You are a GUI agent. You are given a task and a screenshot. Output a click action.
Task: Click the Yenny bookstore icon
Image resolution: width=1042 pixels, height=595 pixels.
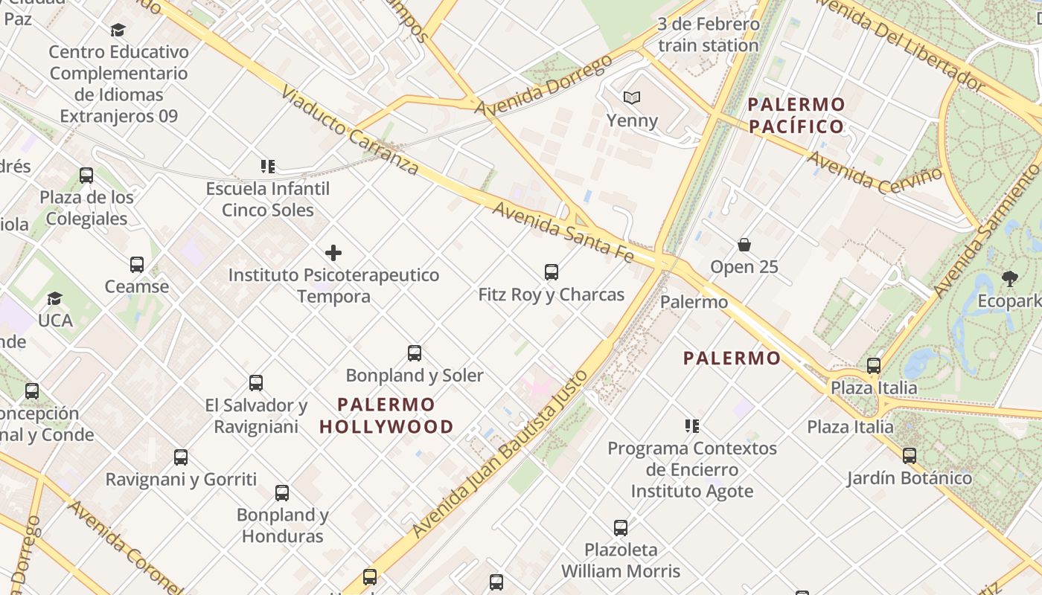tap(632, 97)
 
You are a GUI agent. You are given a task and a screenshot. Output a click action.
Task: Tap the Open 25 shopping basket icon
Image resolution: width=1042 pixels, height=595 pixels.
tap(744, 245)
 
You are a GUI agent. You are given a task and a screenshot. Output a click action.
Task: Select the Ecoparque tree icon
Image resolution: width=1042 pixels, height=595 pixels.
tap(1010, 279)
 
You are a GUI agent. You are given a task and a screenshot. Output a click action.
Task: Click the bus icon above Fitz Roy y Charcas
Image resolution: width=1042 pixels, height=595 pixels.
tap(552, 272)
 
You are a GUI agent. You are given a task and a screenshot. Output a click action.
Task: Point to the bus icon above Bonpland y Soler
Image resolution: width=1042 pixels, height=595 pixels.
tap(415, 353)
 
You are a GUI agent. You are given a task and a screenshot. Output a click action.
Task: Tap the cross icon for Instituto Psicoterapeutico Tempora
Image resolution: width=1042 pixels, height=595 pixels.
tap(333, 253)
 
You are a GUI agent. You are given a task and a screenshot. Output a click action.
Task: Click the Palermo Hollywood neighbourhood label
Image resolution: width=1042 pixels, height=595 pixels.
tap(386, 416)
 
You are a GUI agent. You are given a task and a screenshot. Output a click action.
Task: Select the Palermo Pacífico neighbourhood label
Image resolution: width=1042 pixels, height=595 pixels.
tap(796, 115)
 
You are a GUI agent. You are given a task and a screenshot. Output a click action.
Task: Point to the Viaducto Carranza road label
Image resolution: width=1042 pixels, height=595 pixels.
tap(350, 130)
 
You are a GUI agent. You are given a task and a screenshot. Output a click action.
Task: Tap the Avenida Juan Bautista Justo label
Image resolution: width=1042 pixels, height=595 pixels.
tap(500, 454)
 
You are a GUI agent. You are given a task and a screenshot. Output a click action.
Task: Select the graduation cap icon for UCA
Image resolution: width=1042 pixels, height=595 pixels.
tap(54, 299)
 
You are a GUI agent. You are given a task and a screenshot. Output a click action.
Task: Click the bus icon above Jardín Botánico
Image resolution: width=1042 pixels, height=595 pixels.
tap(909, 456)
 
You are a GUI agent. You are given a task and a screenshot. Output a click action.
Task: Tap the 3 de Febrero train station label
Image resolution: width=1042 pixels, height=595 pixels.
tap(708, 34)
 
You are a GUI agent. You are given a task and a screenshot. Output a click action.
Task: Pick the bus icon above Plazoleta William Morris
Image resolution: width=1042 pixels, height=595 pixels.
tap(621, 528)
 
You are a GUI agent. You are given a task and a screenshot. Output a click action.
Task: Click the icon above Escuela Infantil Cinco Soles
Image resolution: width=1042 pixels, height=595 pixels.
tap(268, 167)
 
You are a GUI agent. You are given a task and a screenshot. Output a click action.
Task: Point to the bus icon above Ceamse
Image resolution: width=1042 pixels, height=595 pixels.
tap(137, 265)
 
